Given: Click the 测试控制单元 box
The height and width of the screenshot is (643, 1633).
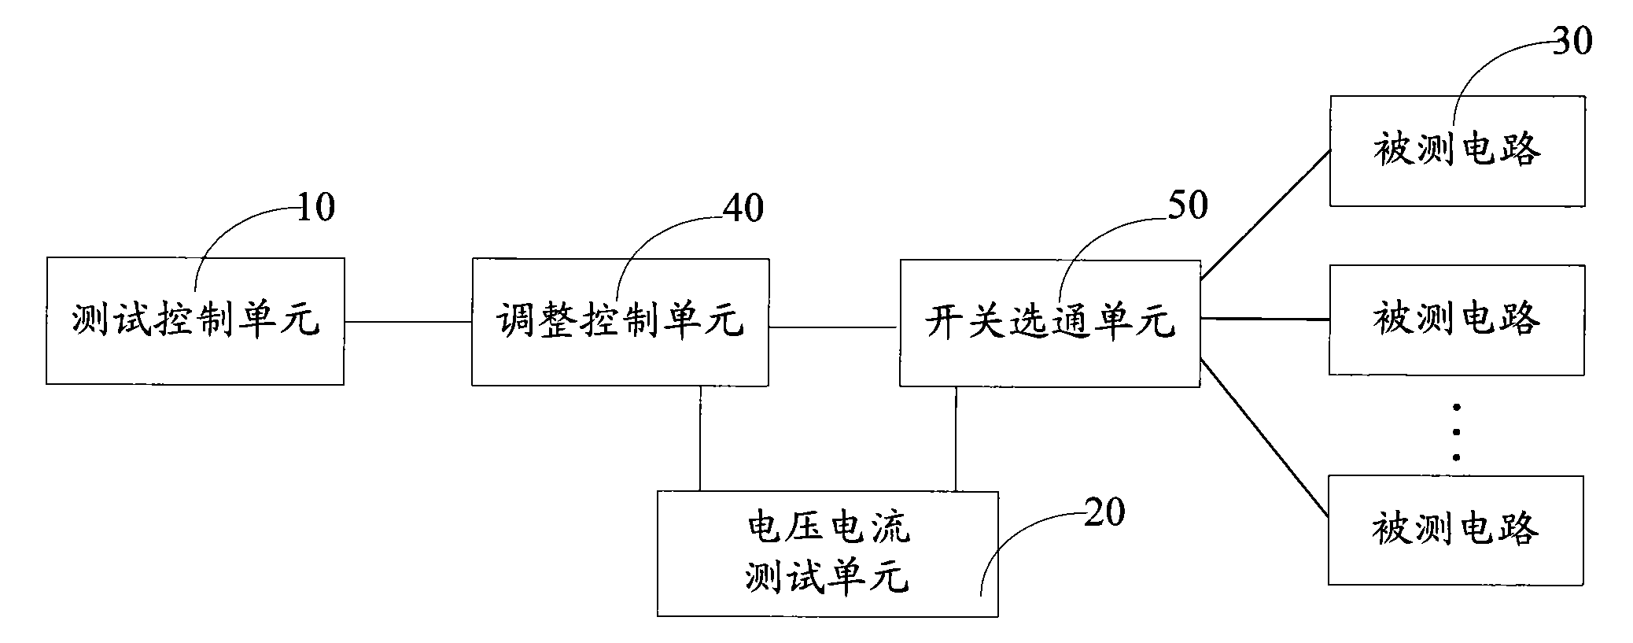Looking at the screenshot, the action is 195,321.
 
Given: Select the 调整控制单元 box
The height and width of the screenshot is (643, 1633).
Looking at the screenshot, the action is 620,322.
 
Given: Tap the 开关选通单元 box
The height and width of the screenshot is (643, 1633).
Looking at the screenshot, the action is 1050,323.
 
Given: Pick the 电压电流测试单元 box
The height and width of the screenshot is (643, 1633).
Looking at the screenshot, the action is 828,554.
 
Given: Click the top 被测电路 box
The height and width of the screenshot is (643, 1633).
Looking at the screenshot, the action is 1457,151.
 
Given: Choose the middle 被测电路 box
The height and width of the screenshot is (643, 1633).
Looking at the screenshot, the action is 1457,320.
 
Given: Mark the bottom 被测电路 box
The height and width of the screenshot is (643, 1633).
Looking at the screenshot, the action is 1456,530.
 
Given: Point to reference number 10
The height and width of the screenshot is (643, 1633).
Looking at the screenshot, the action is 315,208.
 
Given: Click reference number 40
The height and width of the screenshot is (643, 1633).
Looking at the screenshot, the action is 743,208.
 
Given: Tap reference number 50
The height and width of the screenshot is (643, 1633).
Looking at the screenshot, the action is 1187,205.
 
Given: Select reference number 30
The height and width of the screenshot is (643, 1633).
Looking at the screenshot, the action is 1572,40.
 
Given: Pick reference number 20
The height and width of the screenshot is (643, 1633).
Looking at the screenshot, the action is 1104,512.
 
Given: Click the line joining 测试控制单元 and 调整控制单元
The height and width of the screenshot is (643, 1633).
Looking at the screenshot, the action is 408,322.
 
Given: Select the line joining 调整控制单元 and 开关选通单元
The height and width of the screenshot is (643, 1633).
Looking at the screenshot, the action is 835,327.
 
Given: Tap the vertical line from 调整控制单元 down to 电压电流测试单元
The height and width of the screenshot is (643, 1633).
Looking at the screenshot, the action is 700,438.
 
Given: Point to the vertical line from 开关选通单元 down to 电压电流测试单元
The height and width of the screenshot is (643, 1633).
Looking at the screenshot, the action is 957,439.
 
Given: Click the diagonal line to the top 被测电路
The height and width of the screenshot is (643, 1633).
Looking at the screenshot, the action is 1265,214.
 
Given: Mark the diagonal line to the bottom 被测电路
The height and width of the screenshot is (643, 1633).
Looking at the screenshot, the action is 1265,438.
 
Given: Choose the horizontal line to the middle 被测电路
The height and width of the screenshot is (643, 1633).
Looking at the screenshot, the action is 1265,319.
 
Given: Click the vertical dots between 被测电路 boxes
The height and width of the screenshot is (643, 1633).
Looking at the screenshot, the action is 1457,432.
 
